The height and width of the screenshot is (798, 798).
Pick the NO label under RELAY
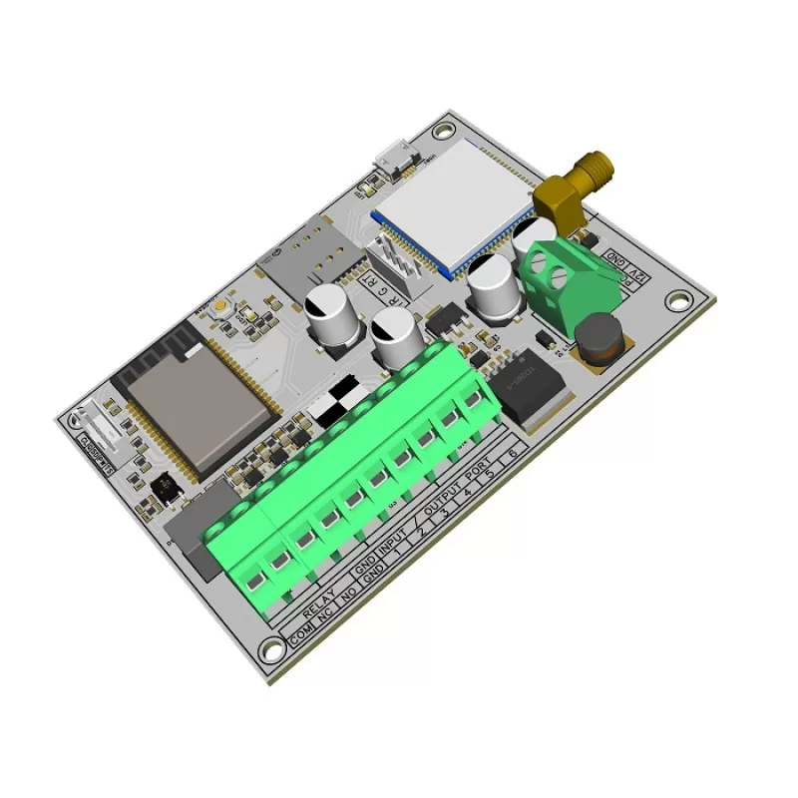349,599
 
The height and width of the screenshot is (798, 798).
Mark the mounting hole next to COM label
270,650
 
